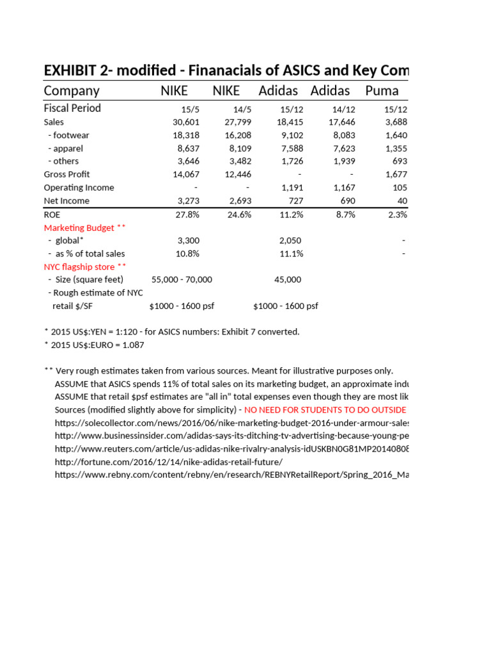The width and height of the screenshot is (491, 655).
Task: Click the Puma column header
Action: coord(382,91)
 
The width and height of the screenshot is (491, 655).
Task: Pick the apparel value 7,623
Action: coord(342,148)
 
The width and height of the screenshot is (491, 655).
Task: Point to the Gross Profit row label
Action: coord(66,175)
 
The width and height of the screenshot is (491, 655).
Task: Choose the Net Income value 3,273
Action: coord(188,201)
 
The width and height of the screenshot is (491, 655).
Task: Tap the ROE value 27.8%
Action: coord(187,214)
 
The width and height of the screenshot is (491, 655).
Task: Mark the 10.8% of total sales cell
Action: coord(187,254)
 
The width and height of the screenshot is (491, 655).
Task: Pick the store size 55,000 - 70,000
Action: coord(182,280)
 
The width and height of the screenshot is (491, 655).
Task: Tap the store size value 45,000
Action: coord(288,280)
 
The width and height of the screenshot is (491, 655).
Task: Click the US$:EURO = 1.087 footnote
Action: coord(94,345)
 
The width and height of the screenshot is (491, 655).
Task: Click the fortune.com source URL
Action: coord(168,462)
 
